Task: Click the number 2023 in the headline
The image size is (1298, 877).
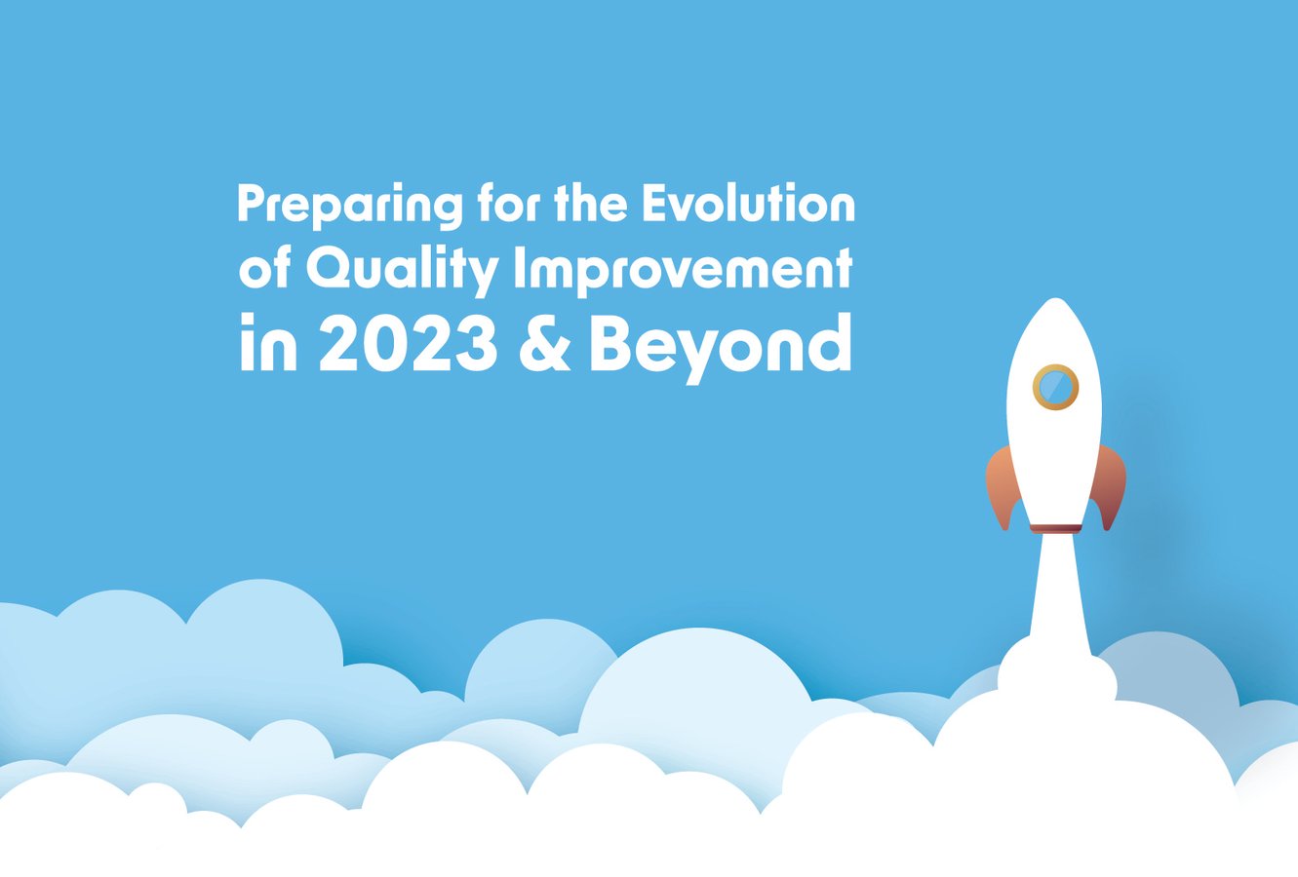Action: click(408, 345)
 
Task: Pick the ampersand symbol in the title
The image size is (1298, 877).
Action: click(545, 345)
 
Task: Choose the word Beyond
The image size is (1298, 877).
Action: click(720, 347)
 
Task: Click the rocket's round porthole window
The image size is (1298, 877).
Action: click(1055, 387)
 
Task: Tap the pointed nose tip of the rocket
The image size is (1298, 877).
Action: click(1054, 303)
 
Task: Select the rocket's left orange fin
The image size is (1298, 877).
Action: click(1002, 483)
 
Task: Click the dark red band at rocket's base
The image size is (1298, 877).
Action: click(1055, 528)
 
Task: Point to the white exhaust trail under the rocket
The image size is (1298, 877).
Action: click(1057, 594)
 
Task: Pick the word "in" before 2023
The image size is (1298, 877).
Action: click(267, 345)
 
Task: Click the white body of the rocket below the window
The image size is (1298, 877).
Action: click(1055, 458)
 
